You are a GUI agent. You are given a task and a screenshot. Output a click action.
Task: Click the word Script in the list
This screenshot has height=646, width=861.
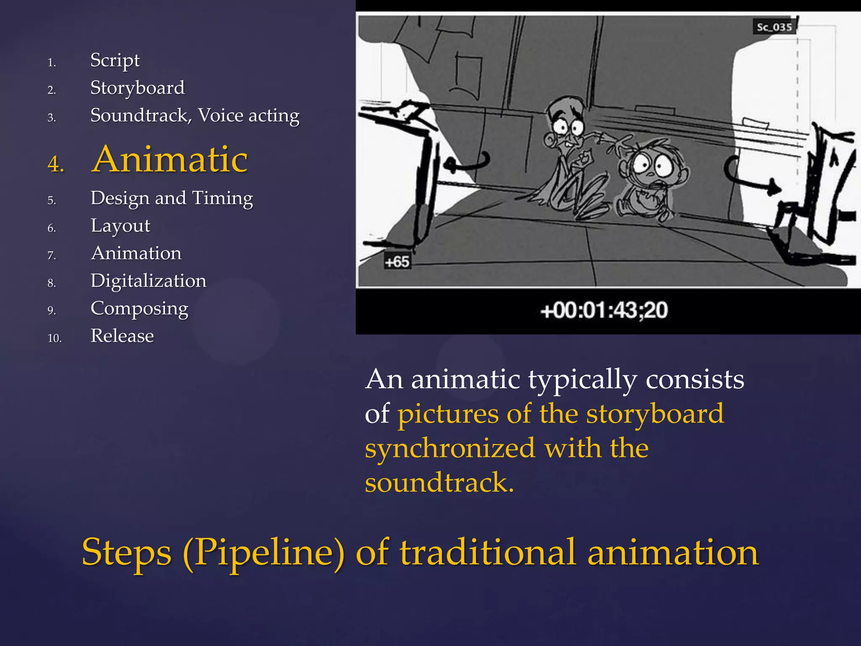(115, 61)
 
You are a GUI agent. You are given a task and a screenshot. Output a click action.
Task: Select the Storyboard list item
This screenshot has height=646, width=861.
(137, 88)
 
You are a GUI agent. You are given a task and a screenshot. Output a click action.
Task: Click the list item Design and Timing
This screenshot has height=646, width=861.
(172, 198)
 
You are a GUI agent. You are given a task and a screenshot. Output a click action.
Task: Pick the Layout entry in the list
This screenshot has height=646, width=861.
(120, 226)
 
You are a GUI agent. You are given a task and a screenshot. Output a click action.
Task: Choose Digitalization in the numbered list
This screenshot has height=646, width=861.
(148, 281)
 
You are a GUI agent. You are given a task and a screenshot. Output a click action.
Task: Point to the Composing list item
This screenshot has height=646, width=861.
(139, 308)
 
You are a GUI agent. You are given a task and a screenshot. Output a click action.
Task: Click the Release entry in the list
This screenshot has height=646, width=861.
(122, 336)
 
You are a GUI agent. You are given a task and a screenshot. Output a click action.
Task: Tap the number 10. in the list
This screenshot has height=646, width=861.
(55, 338)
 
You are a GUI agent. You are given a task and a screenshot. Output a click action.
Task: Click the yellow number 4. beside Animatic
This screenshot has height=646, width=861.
(56, 164)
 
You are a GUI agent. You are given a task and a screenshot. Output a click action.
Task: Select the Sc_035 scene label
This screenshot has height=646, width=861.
(774, 27)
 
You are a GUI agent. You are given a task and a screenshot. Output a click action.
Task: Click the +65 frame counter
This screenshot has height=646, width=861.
(396, 262)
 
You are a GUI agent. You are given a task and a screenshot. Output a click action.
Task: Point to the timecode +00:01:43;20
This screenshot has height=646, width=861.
(604, 310)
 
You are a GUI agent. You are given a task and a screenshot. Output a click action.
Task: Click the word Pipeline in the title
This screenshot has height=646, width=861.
(264, 552)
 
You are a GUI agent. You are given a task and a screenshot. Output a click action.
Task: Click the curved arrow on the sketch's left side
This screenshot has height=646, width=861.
(467, 163)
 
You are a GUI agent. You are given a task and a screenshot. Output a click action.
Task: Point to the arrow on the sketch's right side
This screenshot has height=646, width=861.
(753, 179)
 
